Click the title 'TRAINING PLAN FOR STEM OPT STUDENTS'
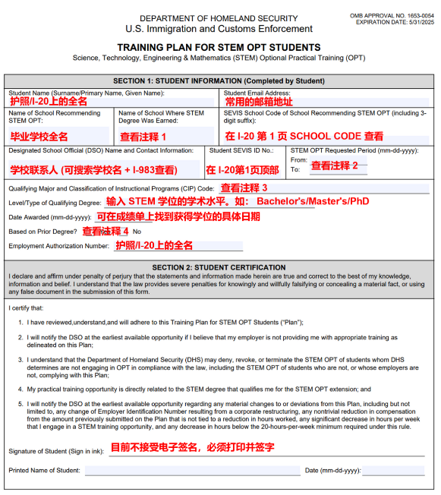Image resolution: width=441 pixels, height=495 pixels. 219,47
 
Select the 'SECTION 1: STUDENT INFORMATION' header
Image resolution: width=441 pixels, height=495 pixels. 219,80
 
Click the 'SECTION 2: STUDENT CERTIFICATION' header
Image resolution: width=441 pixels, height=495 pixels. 219,267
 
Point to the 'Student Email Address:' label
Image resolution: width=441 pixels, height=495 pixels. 257,93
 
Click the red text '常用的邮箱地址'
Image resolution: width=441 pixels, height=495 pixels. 259,102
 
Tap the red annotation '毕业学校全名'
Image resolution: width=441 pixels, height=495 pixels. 39,137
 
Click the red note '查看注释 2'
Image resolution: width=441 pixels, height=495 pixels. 334,166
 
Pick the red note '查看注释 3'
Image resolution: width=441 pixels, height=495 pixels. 244,188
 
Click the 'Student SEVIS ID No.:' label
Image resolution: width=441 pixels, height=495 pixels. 241,150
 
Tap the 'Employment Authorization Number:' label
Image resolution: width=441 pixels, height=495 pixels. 58,246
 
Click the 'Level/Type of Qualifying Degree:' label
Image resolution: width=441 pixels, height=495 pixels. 55,203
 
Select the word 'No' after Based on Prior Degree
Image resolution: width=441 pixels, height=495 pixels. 137,232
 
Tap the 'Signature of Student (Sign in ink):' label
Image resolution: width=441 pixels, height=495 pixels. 57,452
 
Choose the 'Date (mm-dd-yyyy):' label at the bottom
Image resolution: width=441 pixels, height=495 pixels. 332,471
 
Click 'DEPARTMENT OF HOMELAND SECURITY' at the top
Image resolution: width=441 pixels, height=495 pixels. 219,17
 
